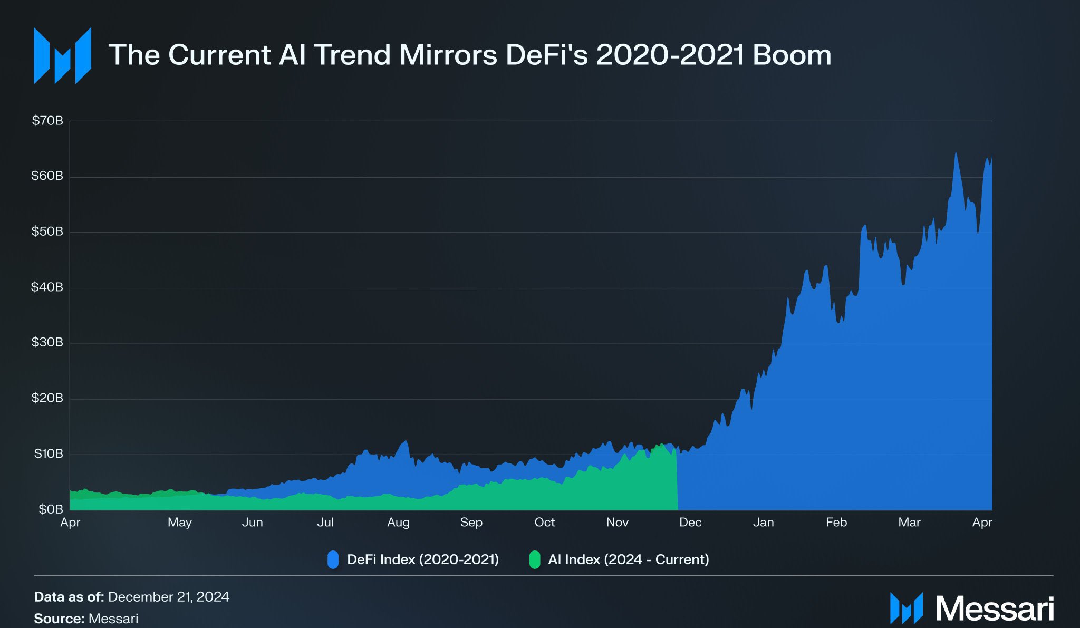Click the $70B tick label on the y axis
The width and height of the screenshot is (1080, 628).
click(x=47, y=121)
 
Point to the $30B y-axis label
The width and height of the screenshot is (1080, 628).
click(x=47, y=342)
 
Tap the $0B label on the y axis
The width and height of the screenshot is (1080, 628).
click(x=51, y=509)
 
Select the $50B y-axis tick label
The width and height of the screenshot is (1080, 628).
click(x=47, y=231)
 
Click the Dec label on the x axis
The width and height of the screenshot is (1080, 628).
click(x=690, y=523)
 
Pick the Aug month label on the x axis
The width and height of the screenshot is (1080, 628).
click(x=398, y=523)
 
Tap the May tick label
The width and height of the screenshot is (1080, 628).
click(x=179, y=523)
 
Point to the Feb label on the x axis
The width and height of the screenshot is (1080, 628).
click(x=836, y=523)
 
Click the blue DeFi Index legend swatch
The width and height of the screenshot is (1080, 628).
click(x=333, y=559)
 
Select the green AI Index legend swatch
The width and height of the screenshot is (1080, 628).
click(x=535, y=559)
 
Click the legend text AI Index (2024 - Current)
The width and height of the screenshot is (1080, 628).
click(x=628, y=559)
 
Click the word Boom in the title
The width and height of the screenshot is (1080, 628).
click(x=792, y=55)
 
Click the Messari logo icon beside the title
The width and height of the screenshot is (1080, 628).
click(x=62, y=56)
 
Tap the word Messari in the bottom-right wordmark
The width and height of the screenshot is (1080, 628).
click(x=995, y=609)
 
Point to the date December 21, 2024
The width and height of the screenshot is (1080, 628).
click(x=169, y=597)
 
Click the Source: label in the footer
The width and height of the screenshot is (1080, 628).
click(x=59, y=619)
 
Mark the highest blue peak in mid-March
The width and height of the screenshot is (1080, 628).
click(x=956, y=153)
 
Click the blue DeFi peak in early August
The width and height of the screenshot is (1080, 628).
click(x=406, y=441)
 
